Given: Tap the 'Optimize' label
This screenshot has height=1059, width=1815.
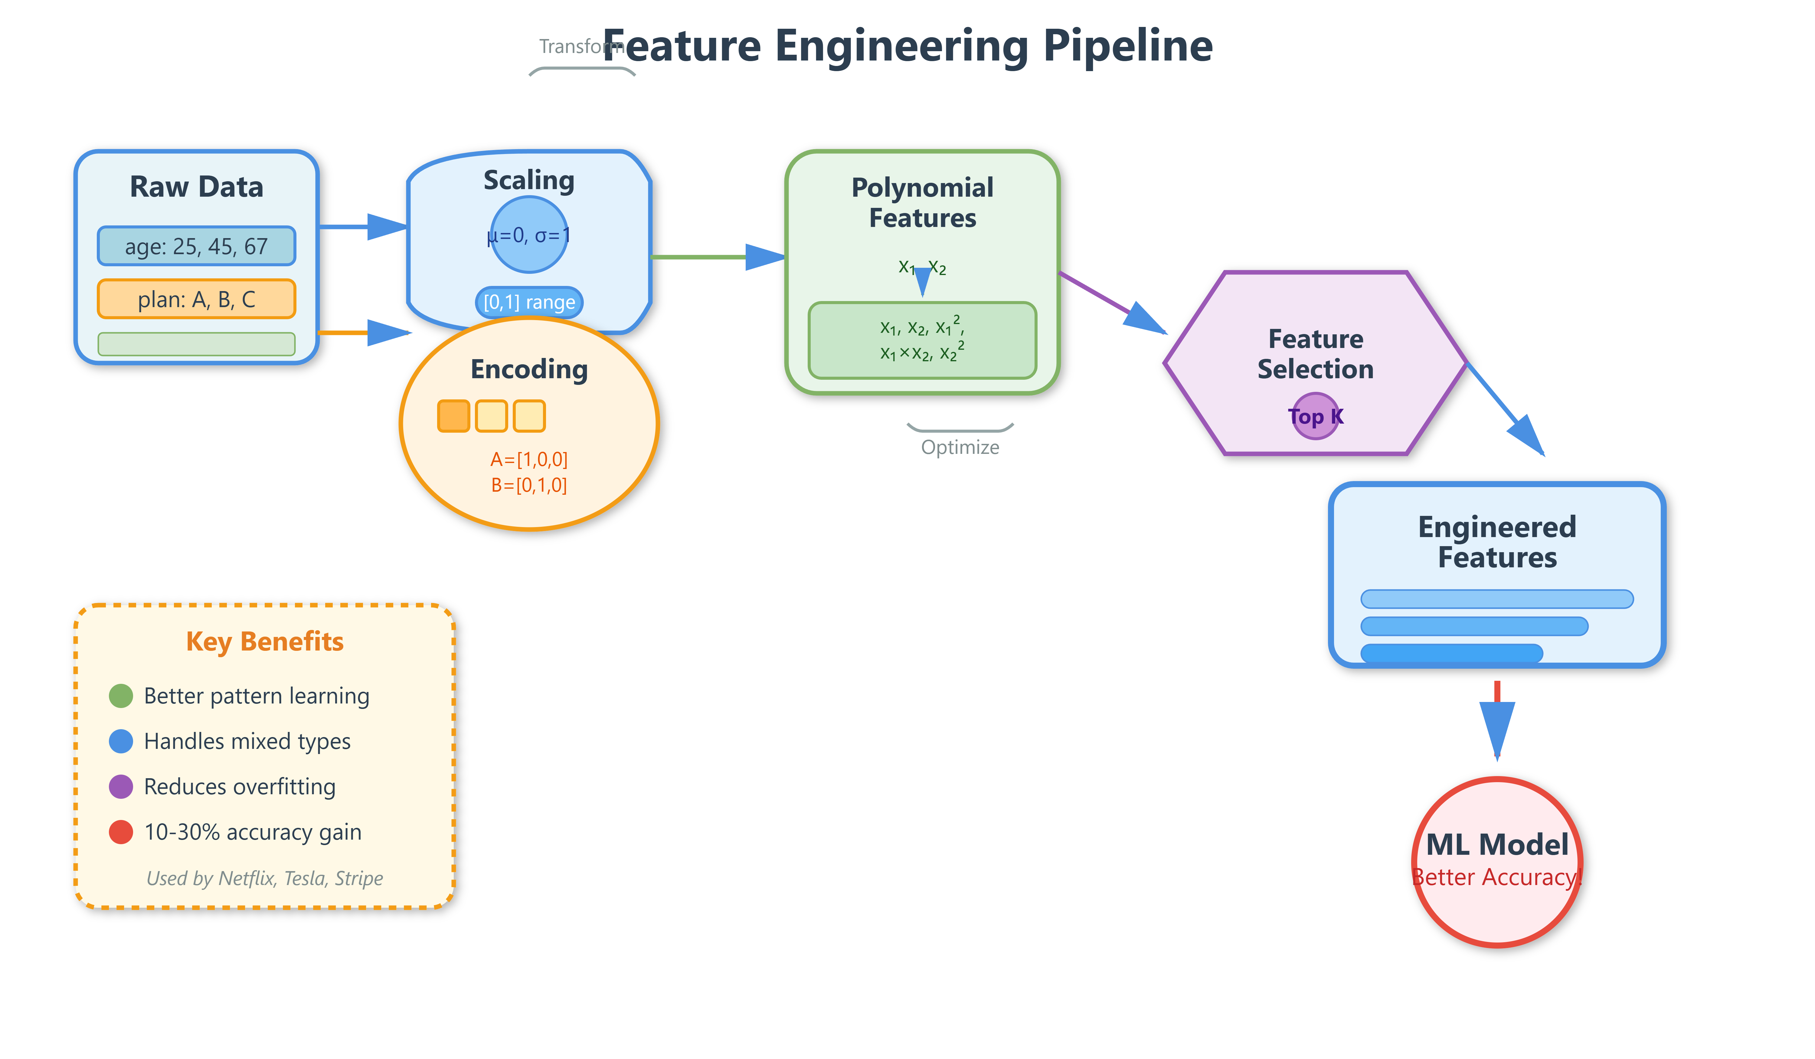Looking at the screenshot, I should tap(960, 448).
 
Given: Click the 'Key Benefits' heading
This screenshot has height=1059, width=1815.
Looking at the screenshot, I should tap(265, 641).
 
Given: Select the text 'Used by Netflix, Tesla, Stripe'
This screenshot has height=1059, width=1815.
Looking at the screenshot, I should tap(265, 878).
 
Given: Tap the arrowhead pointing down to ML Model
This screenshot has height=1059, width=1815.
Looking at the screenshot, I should tap(1497, 728).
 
